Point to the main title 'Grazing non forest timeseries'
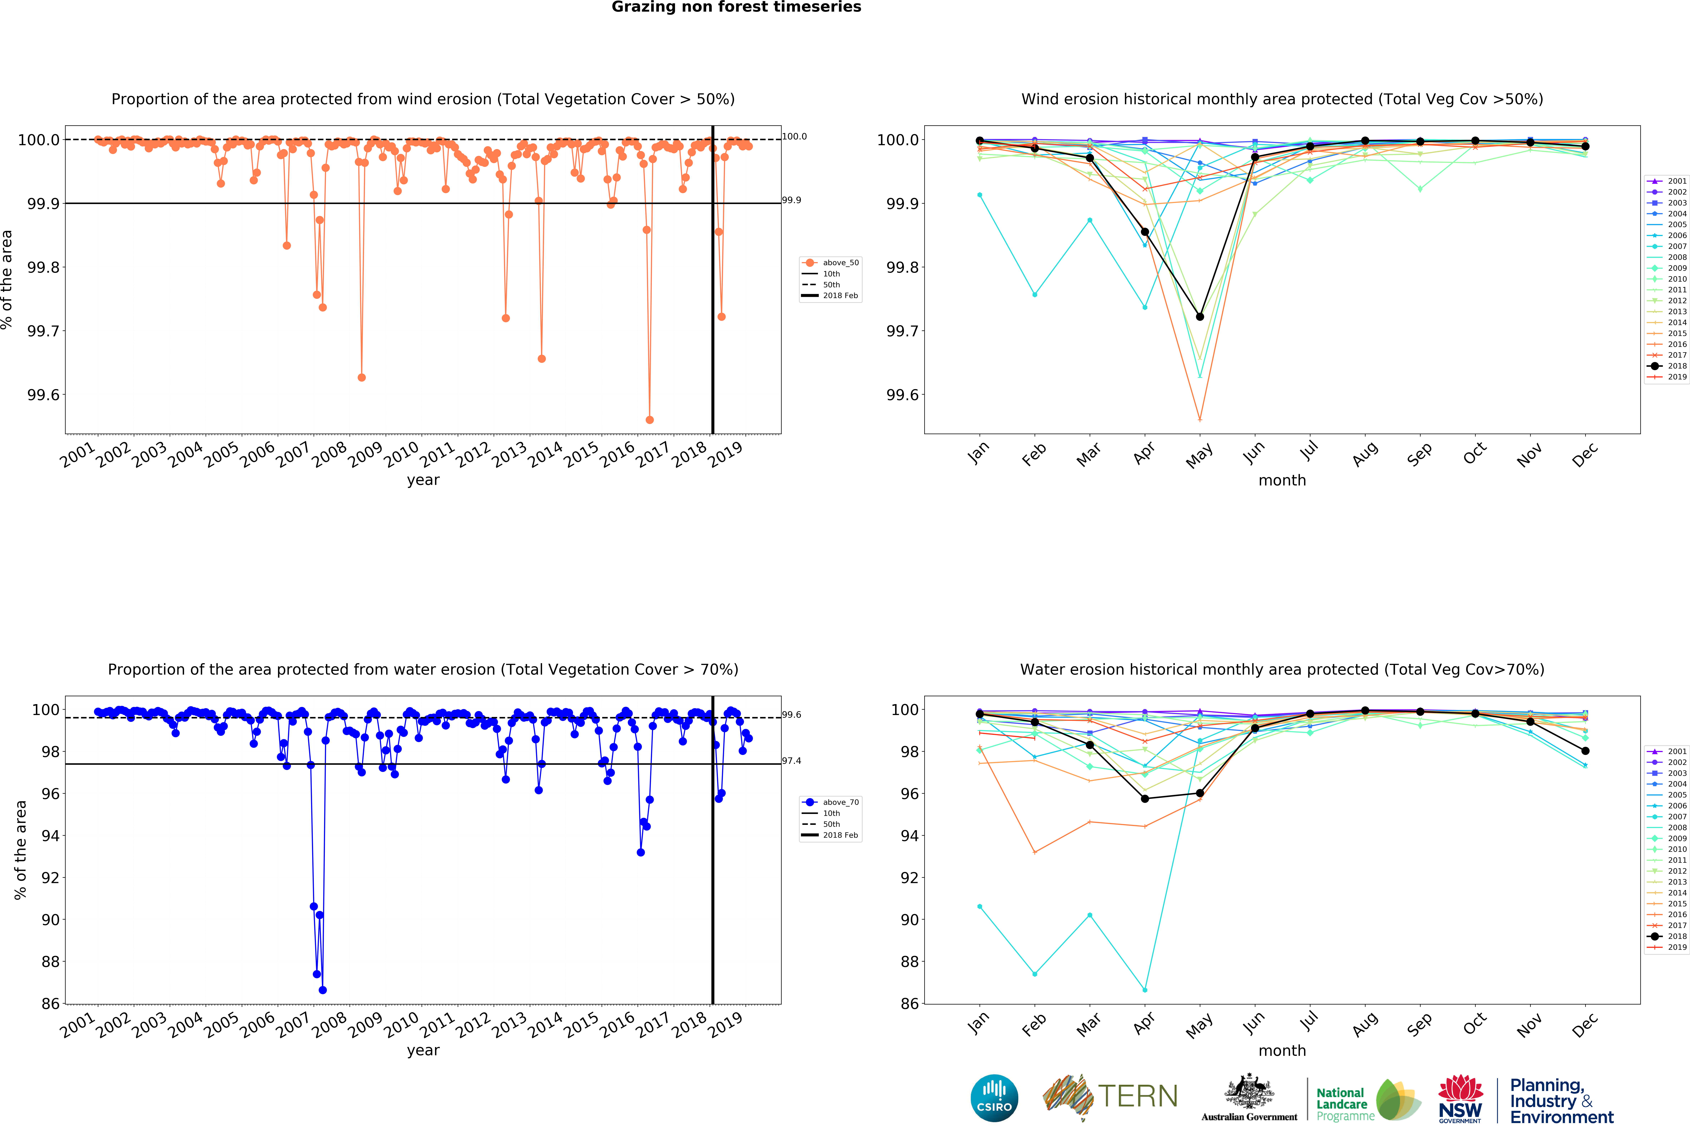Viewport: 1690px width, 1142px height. tap(736, 7)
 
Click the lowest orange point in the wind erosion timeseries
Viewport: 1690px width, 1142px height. tap(649, 420)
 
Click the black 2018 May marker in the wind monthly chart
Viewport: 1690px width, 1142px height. tap(1200, 316)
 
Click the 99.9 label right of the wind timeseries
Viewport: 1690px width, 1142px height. tap(791, 200)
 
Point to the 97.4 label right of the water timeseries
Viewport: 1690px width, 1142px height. tap(791, 761)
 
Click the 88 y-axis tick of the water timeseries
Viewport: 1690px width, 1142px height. tap(50, 962)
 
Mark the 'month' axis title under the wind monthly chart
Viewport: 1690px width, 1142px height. tap(1282, 480)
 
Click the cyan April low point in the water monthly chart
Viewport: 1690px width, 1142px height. tap(1145, 990)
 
